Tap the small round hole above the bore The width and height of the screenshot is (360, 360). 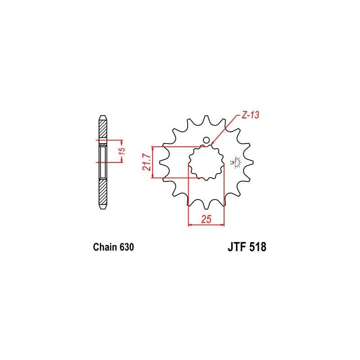(x=207, y=140)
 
